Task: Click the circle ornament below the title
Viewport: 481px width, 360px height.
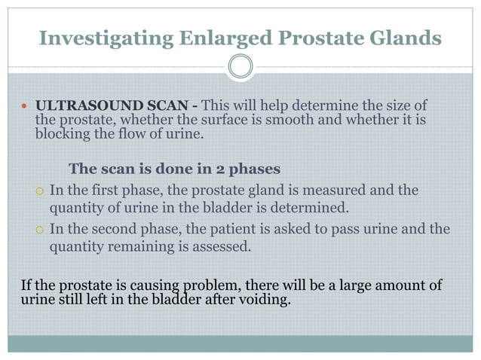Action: (x=240, y=68)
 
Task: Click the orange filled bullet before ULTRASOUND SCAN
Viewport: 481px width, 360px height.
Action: (x=25, y=105)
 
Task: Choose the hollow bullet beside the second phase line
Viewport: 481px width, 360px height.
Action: (x=40, y=230)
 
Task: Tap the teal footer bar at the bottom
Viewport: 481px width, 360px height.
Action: (x=240, y=343)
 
